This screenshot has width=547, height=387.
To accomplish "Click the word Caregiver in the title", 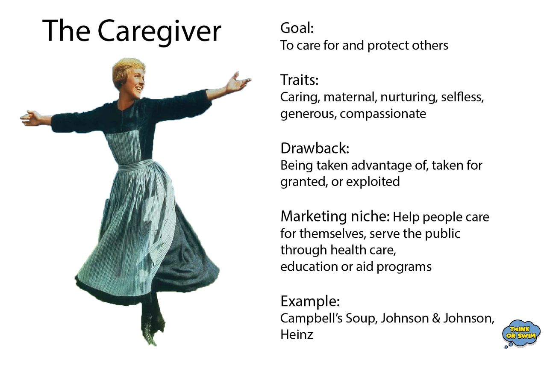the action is (159, 31).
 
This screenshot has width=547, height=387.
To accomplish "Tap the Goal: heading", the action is (297, 28).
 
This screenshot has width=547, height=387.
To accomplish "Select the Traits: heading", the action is (300, 80).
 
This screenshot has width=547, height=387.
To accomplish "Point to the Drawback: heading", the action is (315, 148).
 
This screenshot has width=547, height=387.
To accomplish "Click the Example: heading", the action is (310, 301).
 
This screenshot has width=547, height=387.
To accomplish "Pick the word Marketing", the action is (314, 217).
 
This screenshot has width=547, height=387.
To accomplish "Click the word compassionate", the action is (383, 114).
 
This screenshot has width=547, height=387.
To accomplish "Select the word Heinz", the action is (297, 334).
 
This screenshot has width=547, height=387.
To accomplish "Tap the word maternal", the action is (349, 97).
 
